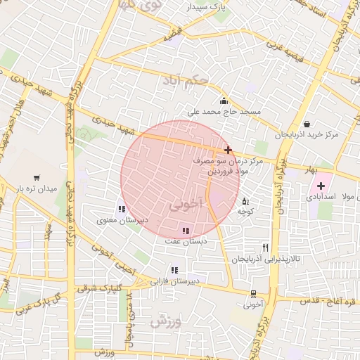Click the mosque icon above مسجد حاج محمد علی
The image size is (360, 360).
click(224, 100)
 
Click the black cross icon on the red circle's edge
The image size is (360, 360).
click(228, 150)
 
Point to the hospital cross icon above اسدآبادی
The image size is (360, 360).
click(321, 186)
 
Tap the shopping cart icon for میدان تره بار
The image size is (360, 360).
click(36, 178)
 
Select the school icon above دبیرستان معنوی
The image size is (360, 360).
click(122, 208)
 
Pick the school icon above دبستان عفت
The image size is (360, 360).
click(186, 231)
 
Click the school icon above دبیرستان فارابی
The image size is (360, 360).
click(174, 270)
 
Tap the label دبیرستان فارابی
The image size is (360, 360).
click(173, 281)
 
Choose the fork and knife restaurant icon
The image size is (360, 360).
click(265, 247)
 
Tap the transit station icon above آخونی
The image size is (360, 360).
click(252, 294)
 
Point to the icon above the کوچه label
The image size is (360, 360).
click(245, 201)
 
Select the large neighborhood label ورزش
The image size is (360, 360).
click(166, 321)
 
